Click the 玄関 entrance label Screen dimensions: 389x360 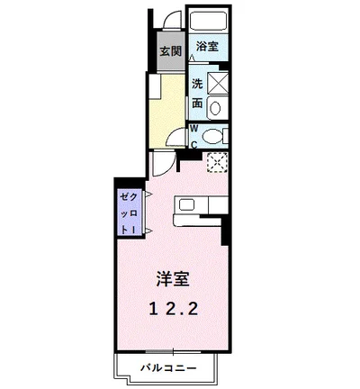170,50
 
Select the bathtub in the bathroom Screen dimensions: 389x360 208,22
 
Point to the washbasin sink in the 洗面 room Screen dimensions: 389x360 215,107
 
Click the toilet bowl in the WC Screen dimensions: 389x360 212,137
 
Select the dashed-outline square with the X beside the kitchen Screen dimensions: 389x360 216,162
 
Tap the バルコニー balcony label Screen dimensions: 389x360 167,366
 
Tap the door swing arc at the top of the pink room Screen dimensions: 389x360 160,164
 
